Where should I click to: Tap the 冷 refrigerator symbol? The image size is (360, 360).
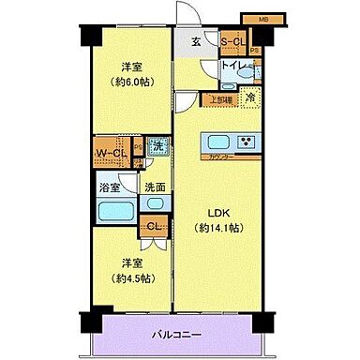coord(250,97)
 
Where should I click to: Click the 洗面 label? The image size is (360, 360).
coord(153,187)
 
